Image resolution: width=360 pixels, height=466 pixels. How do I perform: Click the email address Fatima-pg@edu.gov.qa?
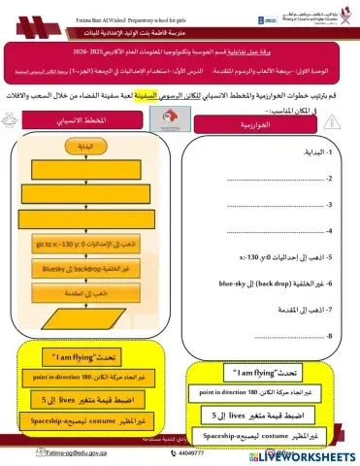click(46, 451)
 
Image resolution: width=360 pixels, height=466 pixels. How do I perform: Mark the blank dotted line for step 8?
click(281, 336)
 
